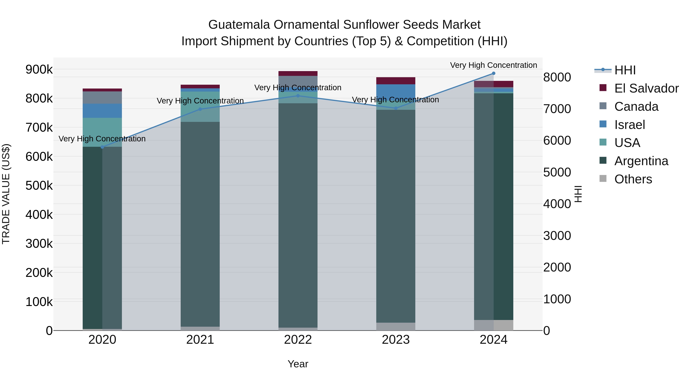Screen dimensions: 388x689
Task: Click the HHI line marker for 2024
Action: tap(493, 73)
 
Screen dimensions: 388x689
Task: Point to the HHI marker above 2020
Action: tap(102, 147)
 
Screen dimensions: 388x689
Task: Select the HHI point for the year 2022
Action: tap(298, 96)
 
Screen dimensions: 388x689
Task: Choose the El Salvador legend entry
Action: tap(646, 88)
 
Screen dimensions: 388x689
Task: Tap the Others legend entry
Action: tap(633, 179)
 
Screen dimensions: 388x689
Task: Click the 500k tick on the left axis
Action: tap(39, 185)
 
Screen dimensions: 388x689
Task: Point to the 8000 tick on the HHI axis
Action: tap(557, 77)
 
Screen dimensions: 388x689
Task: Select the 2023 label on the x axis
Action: tap(396, 340)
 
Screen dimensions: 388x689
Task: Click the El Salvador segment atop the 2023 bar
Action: tap(396, 81)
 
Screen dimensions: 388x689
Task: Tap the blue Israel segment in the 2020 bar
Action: tap(102, 111)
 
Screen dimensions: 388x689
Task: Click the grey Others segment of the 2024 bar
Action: tap(493, 325)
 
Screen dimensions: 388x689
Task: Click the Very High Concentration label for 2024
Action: tap(493, 65)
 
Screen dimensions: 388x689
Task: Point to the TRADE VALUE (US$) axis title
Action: tap(6, 194)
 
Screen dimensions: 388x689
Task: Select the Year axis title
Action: tap(298, 364)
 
